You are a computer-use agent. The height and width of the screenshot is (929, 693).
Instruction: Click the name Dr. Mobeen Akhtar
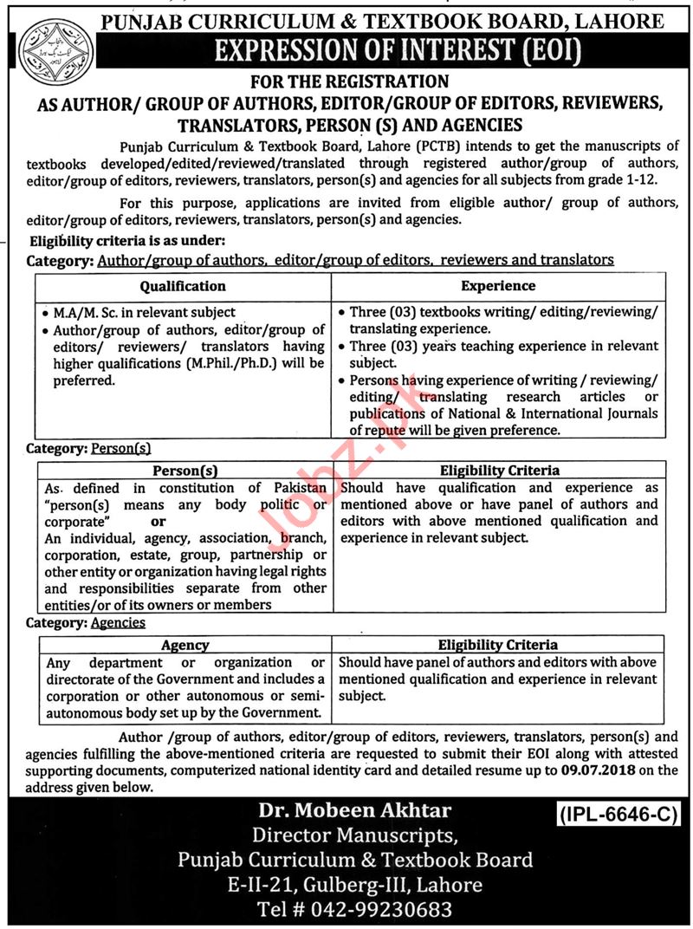coord(354,812)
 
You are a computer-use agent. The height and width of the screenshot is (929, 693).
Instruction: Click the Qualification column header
coord(183,286)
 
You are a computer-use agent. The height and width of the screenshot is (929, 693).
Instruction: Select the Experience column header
coord(498,286)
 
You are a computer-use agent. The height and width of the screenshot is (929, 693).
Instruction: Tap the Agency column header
coord(185,645)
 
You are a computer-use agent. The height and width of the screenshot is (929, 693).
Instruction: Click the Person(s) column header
coord(185,471)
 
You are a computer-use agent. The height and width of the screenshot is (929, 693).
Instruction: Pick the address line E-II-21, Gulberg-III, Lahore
coord(354,886)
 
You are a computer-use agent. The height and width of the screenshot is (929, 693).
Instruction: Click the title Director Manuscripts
coord(354,836)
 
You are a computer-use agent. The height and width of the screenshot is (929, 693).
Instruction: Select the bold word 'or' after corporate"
coord(159,522)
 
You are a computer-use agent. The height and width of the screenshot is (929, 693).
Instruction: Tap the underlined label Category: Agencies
coord(86,622)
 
